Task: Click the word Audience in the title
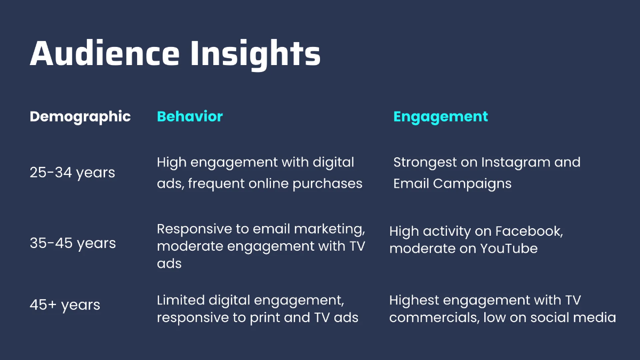point(105,53)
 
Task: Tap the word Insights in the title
point(255,55)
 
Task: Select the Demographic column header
point(81,117)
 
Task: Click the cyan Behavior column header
point(190,116)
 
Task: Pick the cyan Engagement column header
point(441,117)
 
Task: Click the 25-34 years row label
point(73,173)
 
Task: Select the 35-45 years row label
point(73,243)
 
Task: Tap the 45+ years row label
point(65,305)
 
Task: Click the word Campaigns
point(472,184)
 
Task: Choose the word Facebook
point(529,231)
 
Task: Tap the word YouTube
point(509,249)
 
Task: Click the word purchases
point(327,184)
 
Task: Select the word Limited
point(181,300)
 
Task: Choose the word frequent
point(216,184)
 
